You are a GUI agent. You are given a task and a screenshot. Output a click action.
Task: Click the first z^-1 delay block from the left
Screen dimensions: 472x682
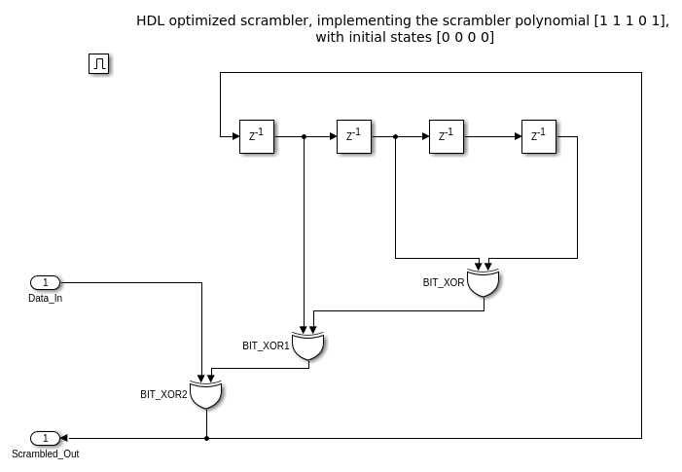257,136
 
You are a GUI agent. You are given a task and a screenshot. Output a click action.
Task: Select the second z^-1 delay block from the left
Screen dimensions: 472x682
354,136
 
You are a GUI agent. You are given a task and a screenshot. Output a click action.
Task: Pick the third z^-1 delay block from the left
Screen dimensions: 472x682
447,136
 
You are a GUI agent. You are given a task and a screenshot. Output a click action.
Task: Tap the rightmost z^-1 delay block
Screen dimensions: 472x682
539,136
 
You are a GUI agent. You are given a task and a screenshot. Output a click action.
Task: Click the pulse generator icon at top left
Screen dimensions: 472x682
99,64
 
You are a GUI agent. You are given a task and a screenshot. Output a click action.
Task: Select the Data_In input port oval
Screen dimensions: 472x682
46,282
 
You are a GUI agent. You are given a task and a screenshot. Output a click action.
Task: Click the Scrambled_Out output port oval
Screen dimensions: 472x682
46,438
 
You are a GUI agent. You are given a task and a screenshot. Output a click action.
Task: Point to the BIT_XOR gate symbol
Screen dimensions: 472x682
483,283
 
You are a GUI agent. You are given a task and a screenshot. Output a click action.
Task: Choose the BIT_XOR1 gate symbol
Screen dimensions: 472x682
308,345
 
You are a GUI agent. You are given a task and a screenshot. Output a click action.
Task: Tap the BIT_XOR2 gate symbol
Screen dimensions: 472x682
206,394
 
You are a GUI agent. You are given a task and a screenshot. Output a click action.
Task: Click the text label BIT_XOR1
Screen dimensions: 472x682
266,345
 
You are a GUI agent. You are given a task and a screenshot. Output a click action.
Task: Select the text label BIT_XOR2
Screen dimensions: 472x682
163,394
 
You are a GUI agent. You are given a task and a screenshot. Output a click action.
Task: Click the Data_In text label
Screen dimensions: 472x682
46,298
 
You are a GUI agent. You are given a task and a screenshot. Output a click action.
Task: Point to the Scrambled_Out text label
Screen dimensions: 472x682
46,454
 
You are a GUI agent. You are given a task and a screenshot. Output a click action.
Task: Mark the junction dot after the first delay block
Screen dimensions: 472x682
305,136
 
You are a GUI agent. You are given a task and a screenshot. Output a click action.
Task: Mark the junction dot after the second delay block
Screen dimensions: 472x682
395,136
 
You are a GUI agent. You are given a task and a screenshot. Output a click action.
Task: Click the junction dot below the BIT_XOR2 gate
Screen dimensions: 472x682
206,438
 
